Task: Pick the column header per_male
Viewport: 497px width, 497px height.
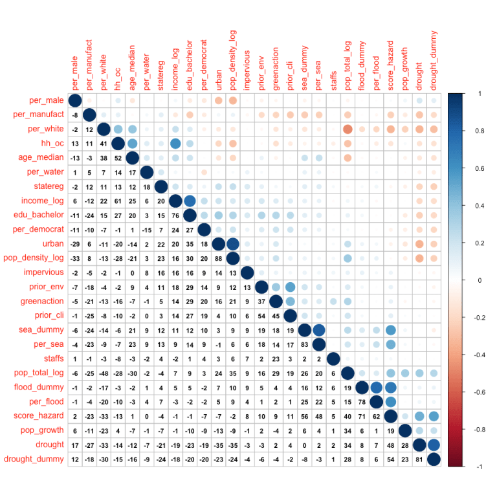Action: coord(74,74)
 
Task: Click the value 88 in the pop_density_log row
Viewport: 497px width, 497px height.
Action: coord(218,258)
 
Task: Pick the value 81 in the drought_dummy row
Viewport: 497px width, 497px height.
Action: coord(419,459)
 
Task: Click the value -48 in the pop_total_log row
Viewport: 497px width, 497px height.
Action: coord(104,373)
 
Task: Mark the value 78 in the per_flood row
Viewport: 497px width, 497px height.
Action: coord(361,401)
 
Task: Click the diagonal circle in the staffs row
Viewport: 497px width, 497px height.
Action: coord(333,359)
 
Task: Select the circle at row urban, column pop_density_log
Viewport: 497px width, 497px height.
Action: coord(232,244)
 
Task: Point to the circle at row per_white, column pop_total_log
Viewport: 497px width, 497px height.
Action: coord(347,129)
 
